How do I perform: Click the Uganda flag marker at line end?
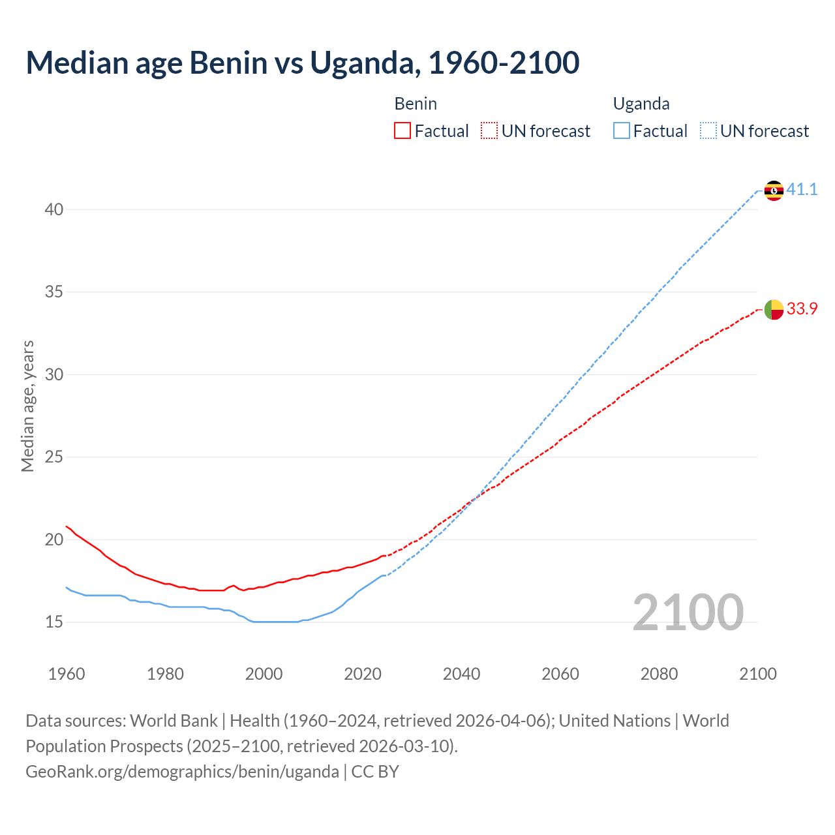click(x=774, y=190)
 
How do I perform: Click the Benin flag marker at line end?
click(x=774, y=309)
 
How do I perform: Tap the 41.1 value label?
click(x=802, y=190)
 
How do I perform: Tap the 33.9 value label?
click(x=802, y=309)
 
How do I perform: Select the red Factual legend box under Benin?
click(x=402, y=131)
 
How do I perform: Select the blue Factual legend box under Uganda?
click(x=622, y=131)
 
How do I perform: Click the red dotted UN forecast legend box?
click(x=489, y=131)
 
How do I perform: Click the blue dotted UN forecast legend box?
click(x=708, y=131)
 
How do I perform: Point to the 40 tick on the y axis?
click(x=54, y=209)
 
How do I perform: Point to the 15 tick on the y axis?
click(x=54, y=622)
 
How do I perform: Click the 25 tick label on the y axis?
click(x=54, y=457)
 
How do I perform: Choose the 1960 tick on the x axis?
click(x=67, y=674)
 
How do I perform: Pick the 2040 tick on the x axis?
click(x=461, y=674)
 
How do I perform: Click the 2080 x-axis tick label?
click(x=659, y=674)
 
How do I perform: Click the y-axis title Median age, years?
click(x=27, y=406)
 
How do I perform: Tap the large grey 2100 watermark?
click(x=688, y=612)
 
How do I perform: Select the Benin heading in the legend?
click(x=416, y=104)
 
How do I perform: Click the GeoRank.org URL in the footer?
click(x=182, y=772)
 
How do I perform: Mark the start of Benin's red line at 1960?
click(x=67, y=526)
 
